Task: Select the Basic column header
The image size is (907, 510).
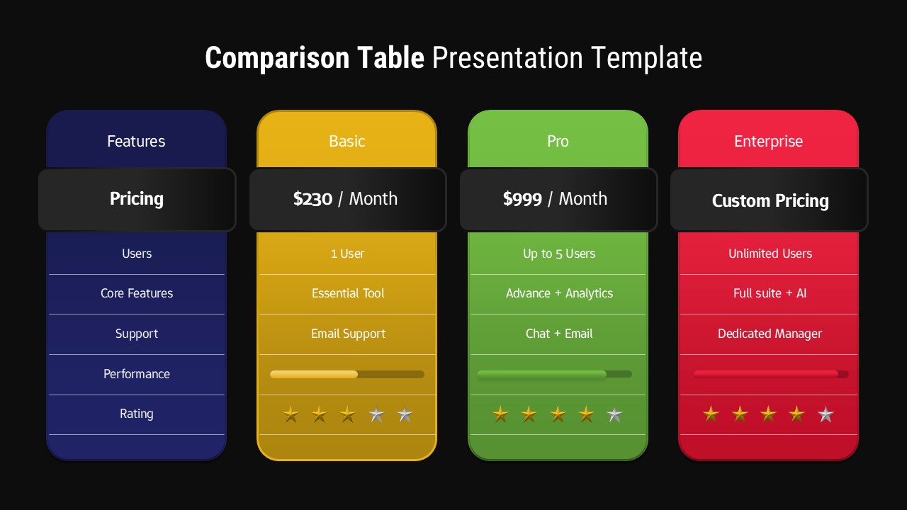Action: point(347,142)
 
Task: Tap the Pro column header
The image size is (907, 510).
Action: point(558,142)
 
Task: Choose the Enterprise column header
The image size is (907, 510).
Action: point(768,142)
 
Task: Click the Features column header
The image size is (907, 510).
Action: point(136,142)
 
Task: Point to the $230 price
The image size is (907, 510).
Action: point(312,199)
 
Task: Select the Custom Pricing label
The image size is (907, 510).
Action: point(770,201)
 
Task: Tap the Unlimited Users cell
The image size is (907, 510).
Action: point(770,254)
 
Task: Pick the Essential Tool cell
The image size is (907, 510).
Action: point(348,293)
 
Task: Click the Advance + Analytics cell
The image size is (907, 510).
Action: point(559,293)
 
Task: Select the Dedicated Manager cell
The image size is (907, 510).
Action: point(770,334)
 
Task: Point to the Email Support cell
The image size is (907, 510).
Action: point(348,334)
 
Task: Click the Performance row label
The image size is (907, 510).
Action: point(137,374)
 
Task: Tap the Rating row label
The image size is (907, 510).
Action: point(137,414)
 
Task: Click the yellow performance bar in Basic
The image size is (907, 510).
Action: point(314,374)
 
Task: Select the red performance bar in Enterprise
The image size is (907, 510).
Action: point(765,374)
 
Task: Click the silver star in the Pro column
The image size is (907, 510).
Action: point(615,414)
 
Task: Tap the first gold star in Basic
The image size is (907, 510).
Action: point(291,414)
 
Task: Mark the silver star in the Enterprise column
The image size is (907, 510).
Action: point(826,414)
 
